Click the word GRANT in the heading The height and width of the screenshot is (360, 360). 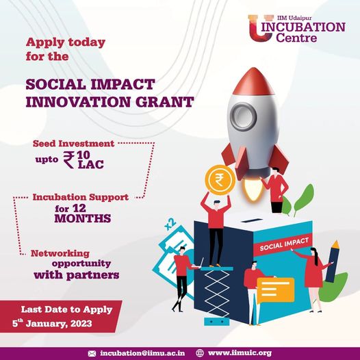[164, 103]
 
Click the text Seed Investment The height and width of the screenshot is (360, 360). [73, 144]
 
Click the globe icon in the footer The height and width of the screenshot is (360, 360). [199, 352]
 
